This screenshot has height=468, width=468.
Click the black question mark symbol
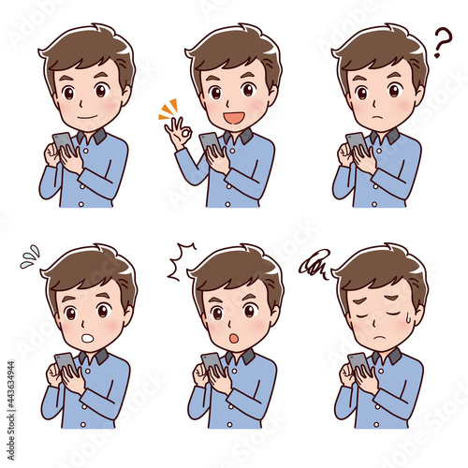pyautogui.click(x=442, y=41)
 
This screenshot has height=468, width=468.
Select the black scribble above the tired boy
pyautogui.click(x=314, y=265)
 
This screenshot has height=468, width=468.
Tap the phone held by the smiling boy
pyautogui.click(x=62, y=143)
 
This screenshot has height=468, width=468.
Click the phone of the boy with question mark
pyautogui.click(x=356, y=142)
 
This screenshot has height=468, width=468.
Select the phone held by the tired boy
pyautogui.click(x=358, y=363)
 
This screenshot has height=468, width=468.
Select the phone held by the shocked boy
pyautogui.click(x=212, y=363)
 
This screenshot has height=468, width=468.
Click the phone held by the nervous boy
pyautogui.click(x=64, y=363)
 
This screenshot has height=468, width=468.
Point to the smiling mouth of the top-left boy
pyautogui.click(x=85, y=118)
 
